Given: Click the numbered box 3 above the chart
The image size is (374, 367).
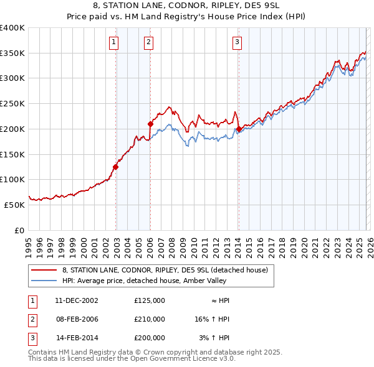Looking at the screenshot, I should tap(237, 42).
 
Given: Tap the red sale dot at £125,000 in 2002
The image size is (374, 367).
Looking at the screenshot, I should tap(116, 167).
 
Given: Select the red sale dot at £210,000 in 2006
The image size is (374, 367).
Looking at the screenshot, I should tap(150, 124).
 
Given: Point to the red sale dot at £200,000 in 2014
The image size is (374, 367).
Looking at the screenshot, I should tap(239, 129).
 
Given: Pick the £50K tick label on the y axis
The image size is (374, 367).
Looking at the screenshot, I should tap(15, 205).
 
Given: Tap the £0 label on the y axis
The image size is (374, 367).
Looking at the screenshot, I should tap(19, 230).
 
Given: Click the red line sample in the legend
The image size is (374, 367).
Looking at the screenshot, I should tap(44, 270).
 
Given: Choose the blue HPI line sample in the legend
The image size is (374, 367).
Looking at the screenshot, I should tap(44, 280).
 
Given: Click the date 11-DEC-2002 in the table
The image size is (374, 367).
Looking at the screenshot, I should tap(77, 300).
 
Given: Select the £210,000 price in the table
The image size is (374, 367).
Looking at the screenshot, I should tap(149, 319).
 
